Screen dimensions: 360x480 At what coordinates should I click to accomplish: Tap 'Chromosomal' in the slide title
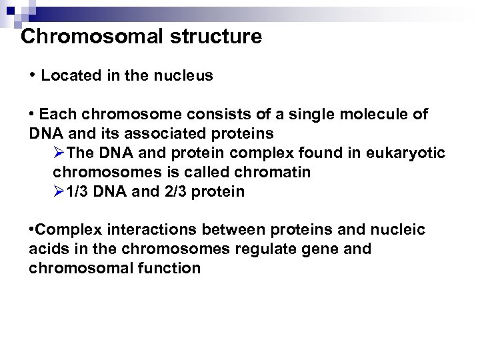tap(81, 37)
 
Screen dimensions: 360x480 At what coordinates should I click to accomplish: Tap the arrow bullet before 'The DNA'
tap(59, 153)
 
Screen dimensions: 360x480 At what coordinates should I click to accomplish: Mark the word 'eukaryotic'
tap(407, 153)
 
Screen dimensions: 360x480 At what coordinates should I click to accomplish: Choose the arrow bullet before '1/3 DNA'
tap(59, 192)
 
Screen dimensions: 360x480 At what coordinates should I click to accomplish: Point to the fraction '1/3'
tap(79, 192)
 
